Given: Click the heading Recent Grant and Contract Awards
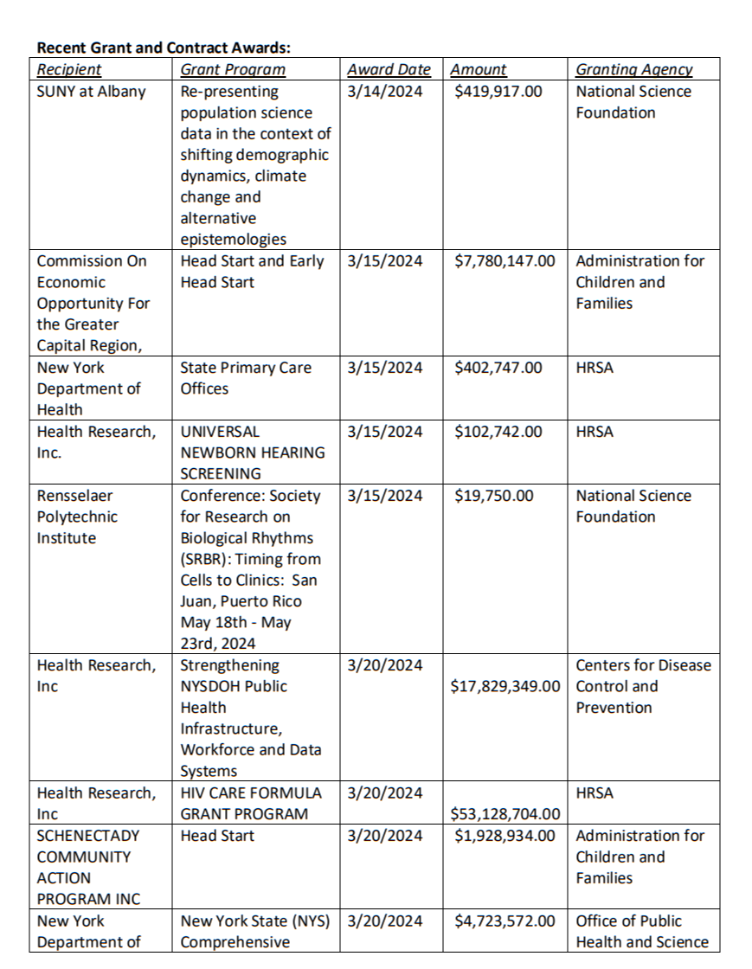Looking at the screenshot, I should (x=163, y=48).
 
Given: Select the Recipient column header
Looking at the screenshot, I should (x=69, y=70).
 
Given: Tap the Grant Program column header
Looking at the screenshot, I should (x=233, y=70).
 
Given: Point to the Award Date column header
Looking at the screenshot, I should (x=389, y=70).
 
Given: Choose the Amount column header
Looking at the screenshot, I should (x=479, y=70).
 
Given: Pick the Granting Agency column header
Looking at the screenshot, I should (x=634, y=70).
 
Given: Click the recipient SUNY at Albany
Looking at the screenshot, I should (x=91, y=91).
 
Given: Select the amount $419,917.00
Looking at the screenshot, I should (x=498, y=91).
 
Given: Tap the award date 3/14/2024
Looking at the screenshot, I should (x=385, y=91).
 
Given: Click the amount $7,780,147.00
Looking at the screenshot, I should (x=505, y=260).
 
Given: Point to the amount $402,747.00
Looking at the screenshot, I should (x=498, y=367).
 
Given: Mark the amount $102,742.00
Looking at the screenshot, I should (x=498, y=431).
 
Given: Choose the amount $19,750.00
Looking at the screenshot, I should (x=493, y=496).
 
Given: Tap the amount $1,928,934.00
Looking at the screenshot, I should (x=505, y=836).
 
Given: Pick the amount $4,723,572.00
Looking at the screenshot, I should (x=505, y=921).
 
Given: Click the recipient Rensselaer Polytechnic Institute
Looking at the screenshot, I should (x=77, y=517).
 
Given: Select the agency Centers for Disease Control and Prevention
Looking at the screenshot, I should (x=643, y=686).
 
